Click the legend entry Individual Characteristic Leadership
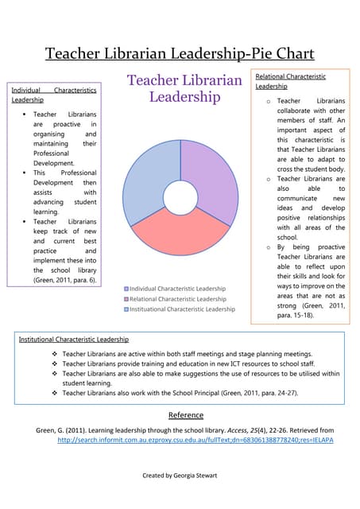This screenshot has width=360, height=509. (x=176, y=288)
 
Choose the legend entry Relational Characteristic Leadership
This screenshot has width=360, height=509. (x=176, y=298)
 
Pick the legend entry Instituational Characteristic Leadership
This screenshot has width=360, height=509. (x=180, y=309)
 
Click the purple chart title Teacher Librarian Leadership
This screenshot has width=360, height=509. (x=184, y=89)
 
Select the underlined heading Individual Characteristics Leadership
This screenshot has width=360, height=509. (x=54, y=95)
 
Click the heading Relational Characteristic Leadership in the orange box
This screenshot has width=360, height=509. (x=291, y=80)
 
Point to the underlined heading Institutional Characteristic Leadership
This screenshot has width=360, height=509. (x=73, y=340)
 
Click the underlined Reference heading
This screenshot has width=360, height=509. (x=186, y=414)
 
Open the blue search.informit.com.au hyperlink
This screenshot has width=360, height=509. (x=195, y=439)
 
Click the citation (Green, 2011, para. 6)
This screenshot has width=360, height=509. (x=64, y=280)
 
